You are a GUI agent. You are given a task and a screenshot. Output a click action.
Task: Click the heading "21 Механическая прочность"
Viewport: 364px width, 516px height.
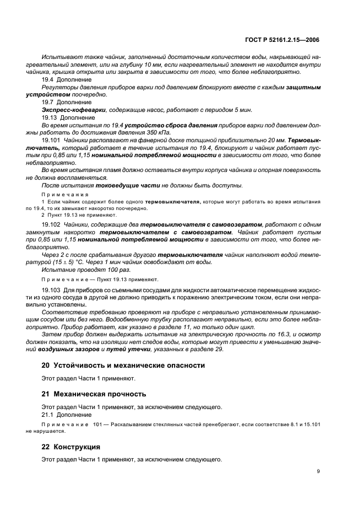click(x=94, y=394)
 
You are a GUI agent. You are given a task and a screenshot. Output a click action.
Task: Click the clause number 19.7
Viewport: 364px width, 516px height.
click(x=48, y=103)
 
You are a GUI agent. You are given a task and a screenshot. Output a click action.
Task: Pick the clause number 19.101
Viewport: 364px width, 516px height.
click(x=52, y=141)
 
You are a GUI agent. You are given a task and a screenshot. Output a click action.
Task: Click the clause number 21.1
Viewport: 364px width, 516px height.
click(x=48, y=415)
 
